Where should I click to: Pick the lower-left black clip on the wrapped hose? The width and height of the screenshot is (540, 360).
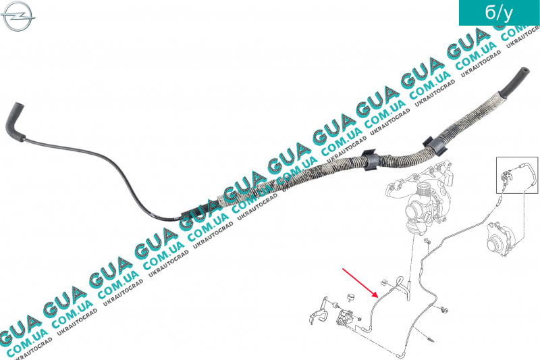(370, 161)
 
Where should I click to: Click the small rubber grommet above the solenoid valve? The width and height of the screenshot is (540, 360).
(350, 297)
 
